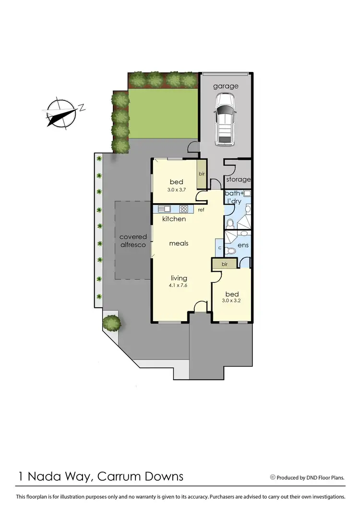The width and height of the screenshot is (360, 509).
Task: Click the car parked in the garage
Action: (x=225, y=119)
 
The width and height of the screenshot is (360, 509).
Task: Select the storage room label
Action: (x=239, y=180)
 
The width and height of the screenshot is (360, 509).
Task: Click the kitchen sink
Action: (x=164, y=209)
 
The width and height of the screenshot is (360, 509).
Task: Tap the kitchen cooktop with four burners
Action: (x=183, y=209)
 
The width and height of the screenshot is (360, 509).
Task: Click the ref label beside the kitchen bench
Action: (x=201, y=210)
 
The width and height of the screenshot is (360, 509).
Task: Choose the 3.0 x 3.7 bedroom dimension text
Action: (x=176, y=190)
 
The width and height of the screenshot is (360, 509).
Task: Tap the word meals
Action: (x=179, y=243)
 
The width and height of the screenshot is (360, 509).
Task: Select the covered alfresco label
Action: (x=133, y=241)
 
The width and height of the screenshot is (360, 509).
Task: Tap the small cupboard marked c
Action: (x=219, y=248)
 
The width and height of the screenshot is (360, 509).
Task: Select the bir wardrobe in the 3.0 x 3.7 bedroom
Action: (x=202, y=174)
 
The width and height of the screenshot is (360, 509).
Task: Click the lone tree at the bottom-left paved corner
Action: (x=112, y=322)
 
